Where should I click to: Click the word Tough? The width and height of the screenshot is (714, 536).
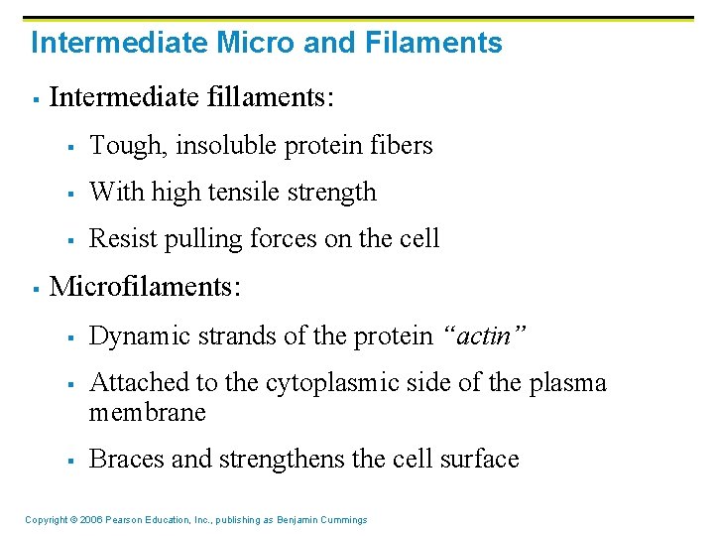(129, 146)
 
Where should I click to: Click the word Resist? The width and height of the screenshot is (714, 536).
(124, 239)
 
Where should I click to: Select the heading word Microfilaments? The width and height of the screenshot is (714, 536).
(144, 287)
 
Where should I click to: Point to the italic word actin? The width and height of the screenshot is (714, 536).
(487, 336)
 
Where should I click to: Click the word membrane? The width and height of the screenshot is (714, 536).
(147, 412)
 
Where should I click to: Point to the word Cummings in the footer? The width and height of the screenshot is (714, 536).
(341, 520)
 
